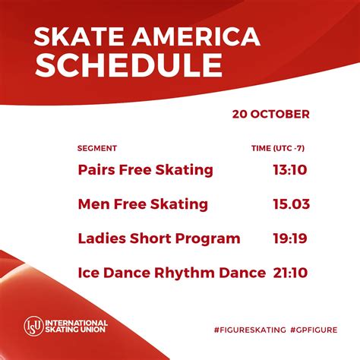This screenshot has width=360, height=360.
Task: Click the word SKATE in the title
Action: (79, 36)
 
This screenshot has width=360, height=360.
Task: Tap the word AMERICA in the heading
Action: (196, 36)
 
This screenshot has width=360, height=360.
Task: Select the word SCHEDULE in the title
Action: (128, 65)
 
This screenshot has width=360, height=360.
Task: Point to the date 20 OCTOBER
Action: (271, 114)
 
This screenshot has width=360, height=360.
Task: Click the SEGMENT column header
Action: (97, 148)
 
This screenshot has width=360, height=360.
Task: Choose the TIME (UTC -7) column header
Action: (278, 148)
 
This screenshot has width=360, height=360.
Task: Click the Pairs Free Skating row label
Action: (146, 170)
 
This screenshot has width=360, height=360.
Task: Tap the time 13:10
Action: (290, 169)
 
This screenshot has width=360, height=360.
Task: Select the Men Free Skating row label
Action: (143, 204)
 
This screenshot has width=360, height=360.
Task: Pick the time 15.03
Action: (292, 204)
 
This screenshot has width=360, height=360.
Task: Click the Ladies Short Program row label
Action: (159, 238)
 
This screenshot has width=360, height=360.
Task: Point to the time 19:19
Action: (290, 238)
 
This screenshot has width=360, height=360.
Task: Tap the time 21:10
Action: (290, 273)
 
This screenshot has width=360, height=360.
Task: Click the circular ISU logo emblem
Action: (34, 326)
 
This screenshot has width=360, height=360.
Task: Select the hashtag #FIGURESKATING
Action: (250, 330)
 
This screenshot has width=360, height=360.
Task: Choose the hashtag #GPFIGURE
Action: (314, 330)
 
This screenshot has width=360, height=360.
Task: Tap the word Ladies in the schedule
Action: (102, 238)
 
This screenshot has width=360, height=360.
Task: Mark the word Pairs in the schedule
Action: (96, 170)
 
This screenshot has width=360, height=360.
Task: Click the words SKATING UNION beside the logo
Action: (75, 330)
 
